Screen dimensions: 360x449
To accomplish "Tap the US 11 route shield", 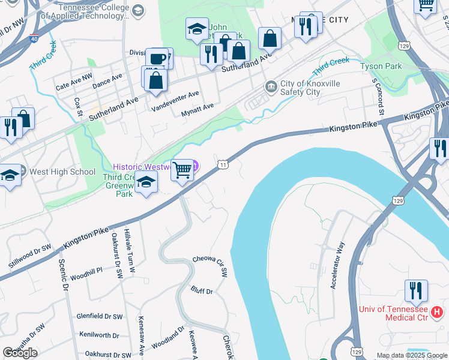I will point(223,164).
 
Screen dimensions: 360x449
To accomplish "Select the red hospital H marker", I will point(438,312).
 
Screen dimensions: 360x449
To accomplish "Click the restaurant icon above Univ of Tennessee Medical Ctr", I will point(416,290).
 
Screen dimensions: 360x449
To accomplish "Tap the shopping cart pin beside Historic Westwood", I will point(182,170).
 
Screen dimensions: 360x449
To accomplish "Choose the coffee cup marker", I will point(157,59).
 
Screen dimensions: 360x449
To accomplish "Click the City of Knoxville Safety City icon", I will point(271,88).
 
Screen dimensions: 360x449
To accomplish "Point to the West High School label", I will point(62,172).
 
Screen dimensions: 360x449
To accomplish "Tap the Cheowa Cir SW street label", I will point(210,265).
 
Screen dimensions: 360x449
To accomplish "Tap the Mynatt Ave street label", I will point(197,106).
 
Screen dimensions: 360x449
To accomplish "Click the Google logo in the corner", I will point(20,352).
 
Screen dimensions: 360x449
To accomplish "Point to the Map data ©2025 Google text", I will point(411,355).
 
